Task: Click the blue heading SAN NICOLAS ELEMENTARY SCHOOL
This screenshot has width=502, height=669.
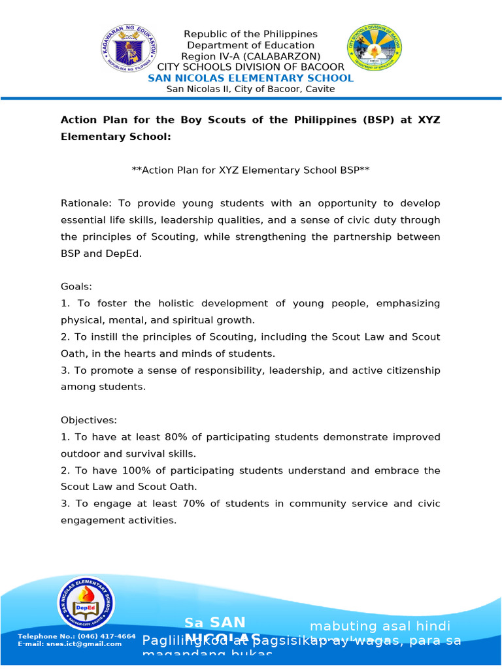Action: coord(250,78)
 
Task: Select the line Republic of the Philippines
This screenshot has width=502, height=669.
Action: coord(250,34)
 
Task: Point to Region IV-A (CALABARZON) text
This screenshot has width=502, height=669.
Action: coord(250,56)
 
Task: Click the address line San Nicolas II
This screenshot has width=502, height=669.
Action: coord(250,89)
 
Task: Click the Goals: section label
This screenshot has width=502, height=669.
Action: coord(77,287)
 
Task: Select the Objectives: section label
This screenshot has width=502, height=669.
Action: coord(88,420)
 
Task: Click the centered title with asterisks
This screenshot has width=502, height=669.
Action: coord(250,170)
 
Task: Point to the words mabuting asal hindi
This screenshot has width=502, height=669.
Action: coord(380,626)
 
